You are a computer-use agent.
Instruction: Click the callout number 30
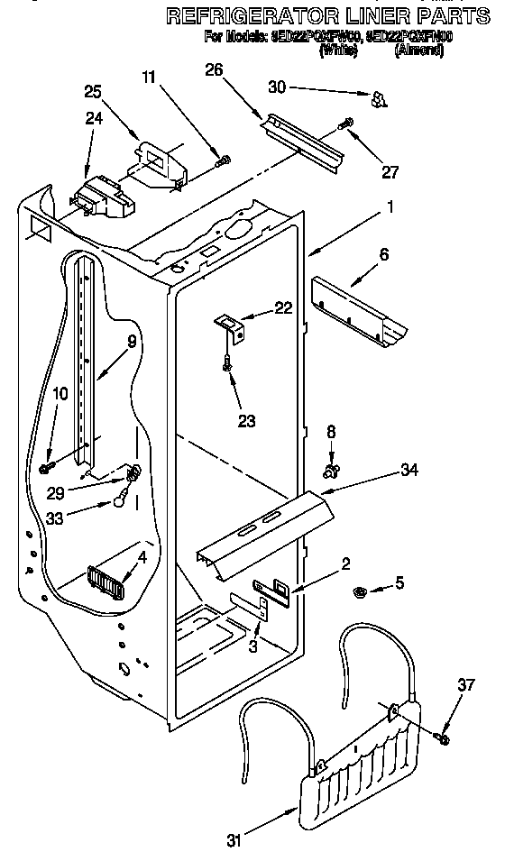click(279, 87)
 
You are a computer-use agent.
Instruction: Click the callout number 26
click(213, 70)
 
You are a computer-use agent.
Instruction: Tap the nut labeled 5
click(357, 592)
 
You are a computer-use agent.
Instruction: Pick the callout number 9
click(132, 342)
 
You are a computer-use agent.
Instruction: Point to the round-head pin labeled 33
click(119, 501)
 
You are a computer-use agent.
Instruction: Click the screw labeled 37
click(441, 738)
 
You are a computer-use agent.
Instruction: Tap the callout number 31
click(234, 842)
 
